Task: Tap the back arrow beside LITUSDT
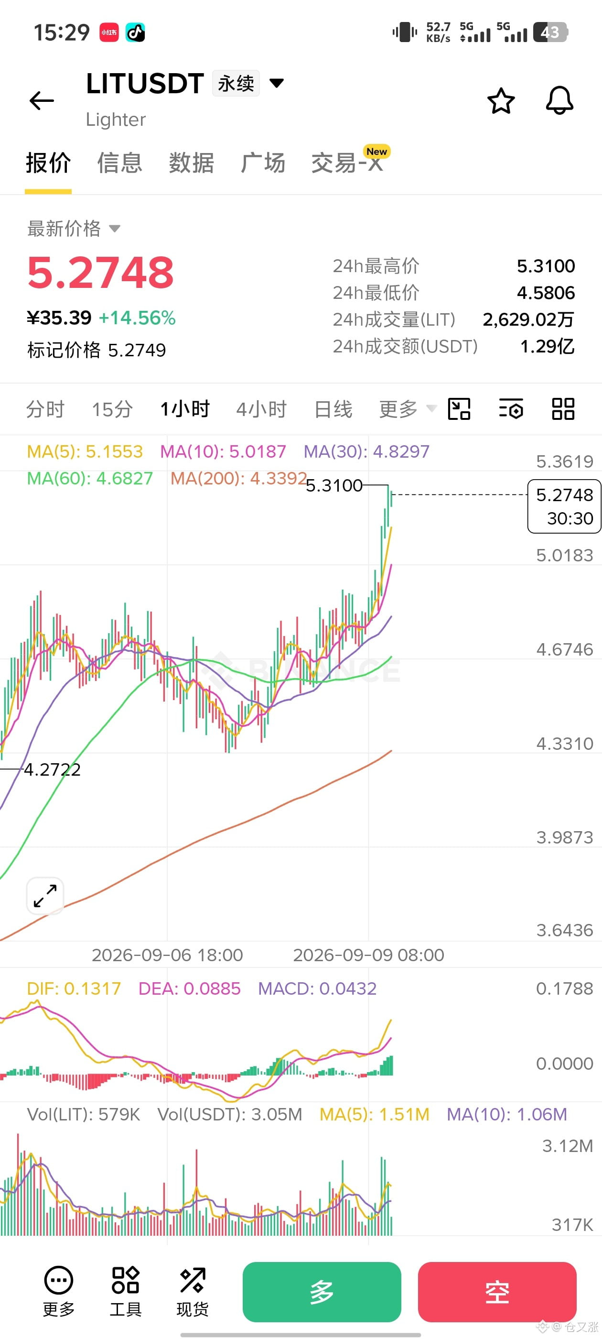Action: (42, 100)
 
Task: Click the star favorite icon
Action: (501, 100)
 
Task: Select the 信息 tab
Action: (119, 163)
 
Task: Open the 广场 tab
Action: (263, 163)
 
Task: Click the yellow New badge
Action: (376, 151)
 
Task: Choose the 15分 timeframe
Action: (112, 409)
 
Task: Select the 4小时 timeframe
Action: (261, 409)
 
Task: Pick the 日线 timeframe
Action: (333, 409)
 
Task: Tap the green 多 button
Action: (322, 1292)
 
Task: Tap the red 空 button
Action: (497, 1292)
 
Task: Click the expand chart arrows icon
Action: (45, 896)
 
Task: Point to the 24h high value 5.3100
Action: (546, 266)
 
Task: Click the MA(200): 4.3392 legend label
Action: (238, 478)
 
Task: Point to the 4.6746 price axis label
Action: (565, 649)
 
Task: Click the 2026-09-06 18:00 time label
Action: (167, 955)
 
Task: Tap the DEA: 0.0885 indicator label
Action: (189, 988)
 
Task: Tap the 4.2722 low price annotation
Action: (53, 769)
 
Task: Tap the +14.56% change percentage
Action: (137, 318)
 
